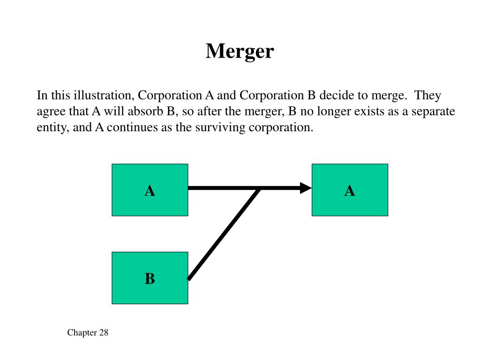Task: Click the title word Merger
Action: (x=240, y=52)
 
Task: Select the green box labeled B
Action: (x=150, y=278)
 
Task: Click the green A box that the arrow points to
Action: (x=350, y=190)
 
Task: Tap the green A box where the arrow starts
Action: (x=150, y=190)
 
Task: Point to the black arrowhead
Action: (x=306, y=188)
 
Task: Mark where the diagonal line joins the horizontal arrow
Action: (x=259, y=188)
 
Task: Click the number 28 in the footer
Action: (x=104, y=333)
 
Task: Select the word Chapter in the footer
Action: (x=82, y=333)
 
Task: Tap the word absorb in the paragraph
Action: (x=145, y=111)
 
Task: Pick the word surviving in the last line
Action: (x=220, y=127)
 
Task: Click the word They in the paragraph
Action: (x=427, y=96)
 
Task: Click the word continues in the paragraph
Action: (x=132, y=127)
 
